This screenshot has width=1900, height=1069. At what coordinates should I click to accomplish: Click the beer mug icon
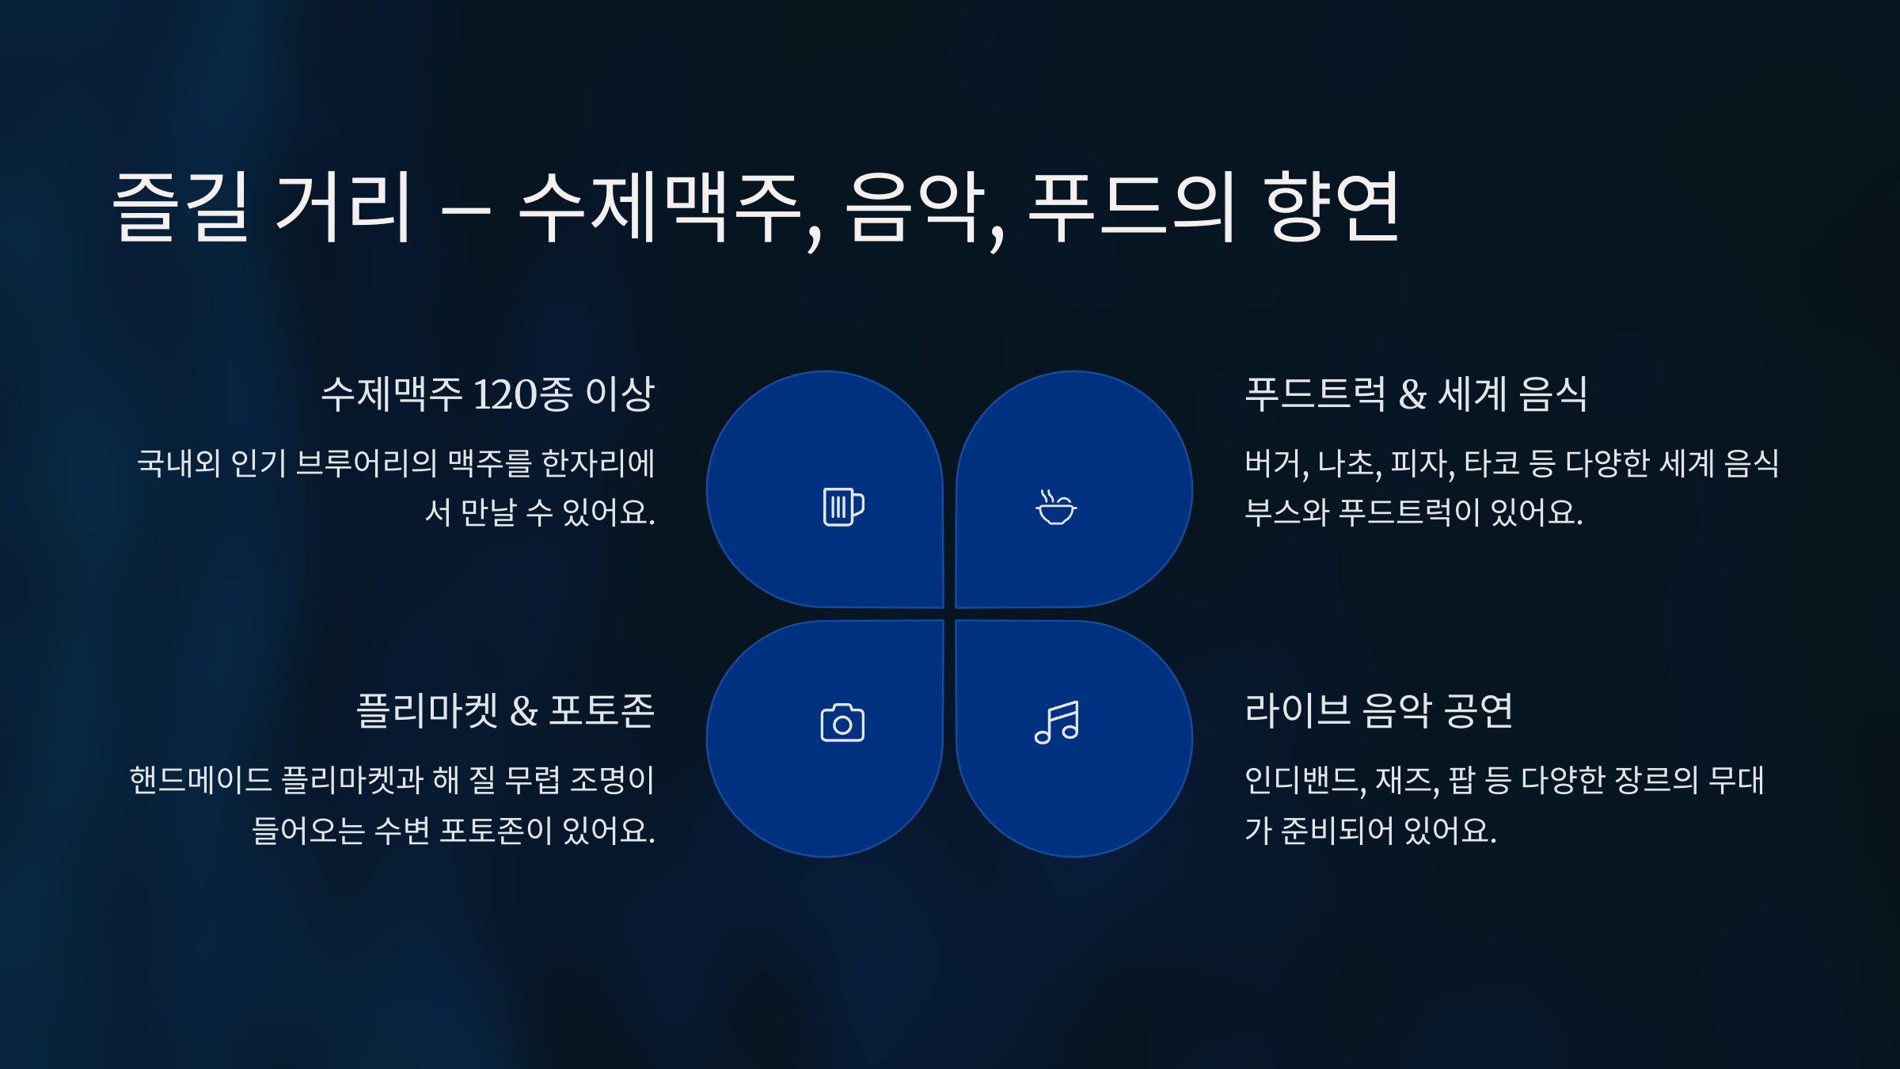pyautogui.click(x=843, y=507)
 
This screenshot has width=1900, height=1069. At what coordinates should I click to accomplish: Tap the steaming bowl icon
pyautogui.click(x=1056, y=508)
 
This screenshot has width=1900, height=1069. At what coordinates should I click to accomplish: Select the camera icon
pyautogui.click(x=842, y=722)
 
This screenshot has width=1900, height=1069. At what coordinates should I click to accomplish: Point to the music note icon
pyautogui.click(x=1057, y=722)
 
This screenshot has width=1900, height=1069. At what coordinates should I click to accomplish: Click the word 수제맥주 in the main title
pyautogui.click(x=661, y=207)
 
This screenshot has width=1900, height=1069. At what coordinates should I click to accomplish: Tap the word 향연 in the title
pyautogui.click(x=1332, y=207)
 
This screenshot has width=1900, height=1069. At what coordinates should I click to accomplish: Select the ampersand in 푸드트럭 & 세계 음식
pyautogui.click(x=1412, y=394)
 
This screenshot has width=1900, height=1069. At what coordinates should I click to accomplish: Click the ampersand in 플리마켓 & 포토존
pyautogui.click(x=523, y=711)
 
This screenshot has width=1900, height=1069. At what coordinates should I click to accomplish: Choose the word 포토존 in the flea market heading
pyautogui.click(x=602, y=711)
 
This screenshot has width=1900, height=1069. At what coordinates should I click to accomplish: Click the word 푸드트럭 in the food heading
pyautogui.click(x=1315, y=394)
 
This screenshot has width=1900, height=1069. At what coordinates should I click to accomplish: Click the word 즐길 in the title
pyautogui.click(x=182, y=207)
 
